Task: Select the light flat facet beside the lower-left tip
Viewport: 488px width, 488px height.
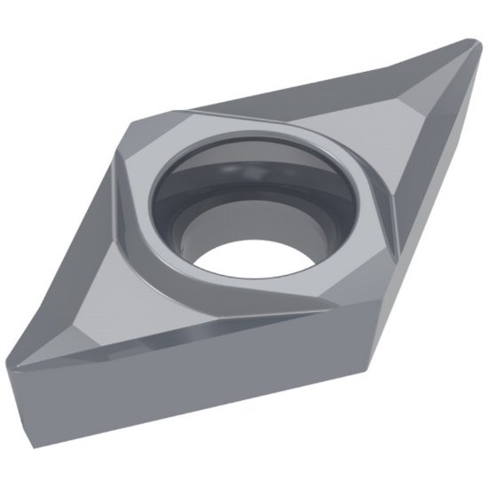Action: coord(62,342)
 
